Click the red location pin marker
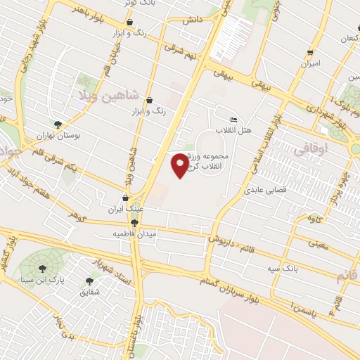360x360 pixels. point(181,164)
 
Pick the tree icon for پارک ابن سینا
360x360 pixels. point(41,268)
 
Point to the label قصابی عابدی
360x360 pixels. point(264,190)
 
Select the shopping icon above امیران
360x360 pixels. point(309,53)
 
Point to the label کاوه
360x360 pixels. point(315,218)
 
